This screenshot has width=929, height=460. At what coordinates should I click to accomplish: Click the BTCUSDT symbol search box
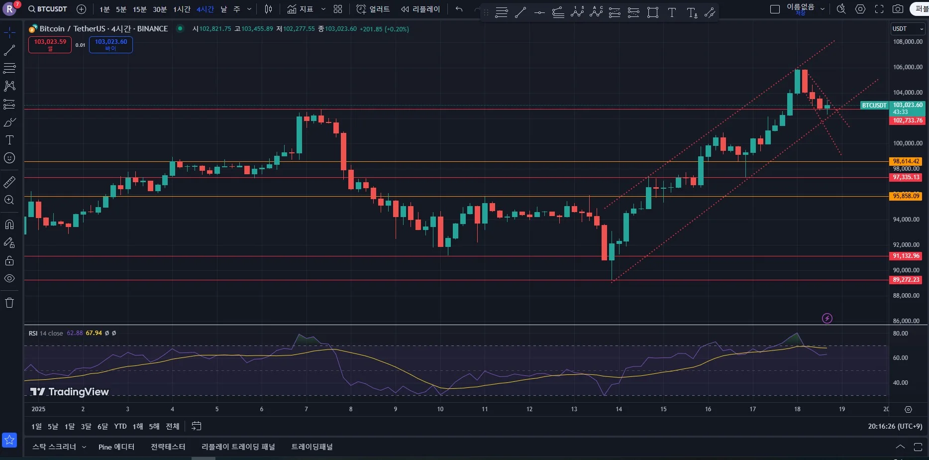(x=48, y=9)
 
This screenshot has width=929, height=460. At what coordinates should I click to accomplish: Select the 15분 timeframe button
(x=139, y=9)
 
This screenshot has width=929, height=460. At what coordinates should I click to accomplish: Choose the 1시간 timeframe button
(x=182, y=9)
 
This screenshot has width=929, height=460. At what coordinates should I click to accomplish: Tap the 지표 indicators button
(x=300, y=9)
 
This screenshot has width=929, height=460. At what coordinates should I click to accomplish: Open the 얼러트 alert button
(x=373, y=9)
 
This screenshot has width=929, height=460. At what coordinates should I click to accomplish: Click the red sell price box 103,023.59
(x=50, y=44)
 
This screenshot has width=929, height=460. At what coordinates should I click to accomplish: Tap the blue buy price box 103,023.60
(x=110, y=44)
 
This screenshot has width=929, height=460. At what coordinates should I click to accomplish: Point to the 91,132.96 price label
(x=906, y=256)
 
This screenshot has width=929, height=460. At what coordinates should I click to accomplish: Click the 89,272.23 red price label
(x=906, y=280)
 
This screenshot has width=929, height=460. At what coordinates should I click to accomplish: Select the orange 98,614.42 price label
(x=906, y=161)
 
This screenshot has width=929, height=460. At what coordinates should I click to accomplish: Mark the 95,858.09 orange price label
(x=906, y=196)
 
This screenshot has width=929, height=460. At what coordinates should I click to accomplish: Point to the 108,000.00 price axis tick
(x=908, y=42)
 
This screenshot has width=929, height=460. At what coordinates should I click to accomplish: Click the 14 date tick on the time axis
(x=619, y=409)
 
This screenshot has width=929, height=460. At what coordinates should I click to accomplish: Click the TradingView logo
(x=69, y=392)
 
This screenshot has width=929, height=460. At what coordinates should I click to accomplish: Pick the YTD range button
(x=120, y=426)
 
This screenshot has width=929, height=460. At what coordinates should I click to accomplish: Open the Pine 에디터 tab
(x=116, y=447)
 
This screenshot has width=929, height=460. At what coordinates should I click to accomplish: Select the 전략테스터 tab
(x=168, y=447)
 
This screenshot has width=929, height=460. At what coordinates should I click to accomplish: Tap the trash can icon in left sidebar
(x=9, y=303)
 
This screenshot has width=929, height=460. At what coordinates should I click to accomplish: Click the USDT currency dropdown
(x=908, y=29)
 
